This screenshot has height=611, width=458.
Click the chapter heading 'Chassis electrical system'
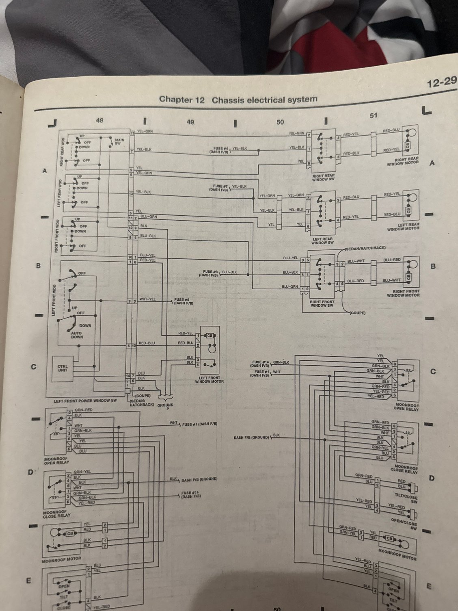[264, 100]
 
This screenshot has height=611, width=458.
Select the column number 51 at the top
[374, 115]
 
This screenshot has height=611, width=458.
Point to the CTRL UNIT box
[63, 368]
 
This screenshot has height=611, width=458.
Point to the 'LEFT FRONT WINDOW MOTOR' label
[209, 379]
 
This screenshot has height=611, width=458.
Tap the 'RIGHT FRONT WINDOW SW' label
[322, 304]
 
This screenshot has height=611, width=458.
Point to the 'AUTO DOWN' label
[77, 334]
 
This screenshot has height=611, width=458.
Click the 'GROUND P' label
[165, 407]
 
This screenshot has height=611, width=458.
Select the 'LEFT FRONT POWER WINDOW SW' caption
[85, 401]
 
